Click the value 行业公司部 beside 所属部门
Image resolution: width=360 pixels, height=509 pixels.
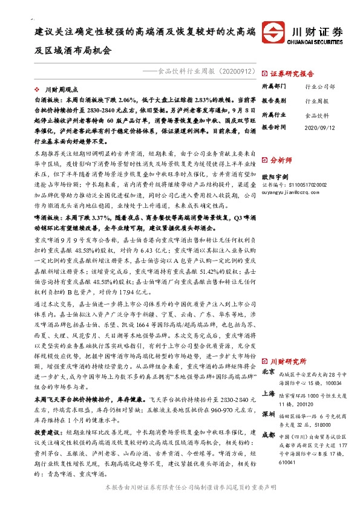coord(320,87)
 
